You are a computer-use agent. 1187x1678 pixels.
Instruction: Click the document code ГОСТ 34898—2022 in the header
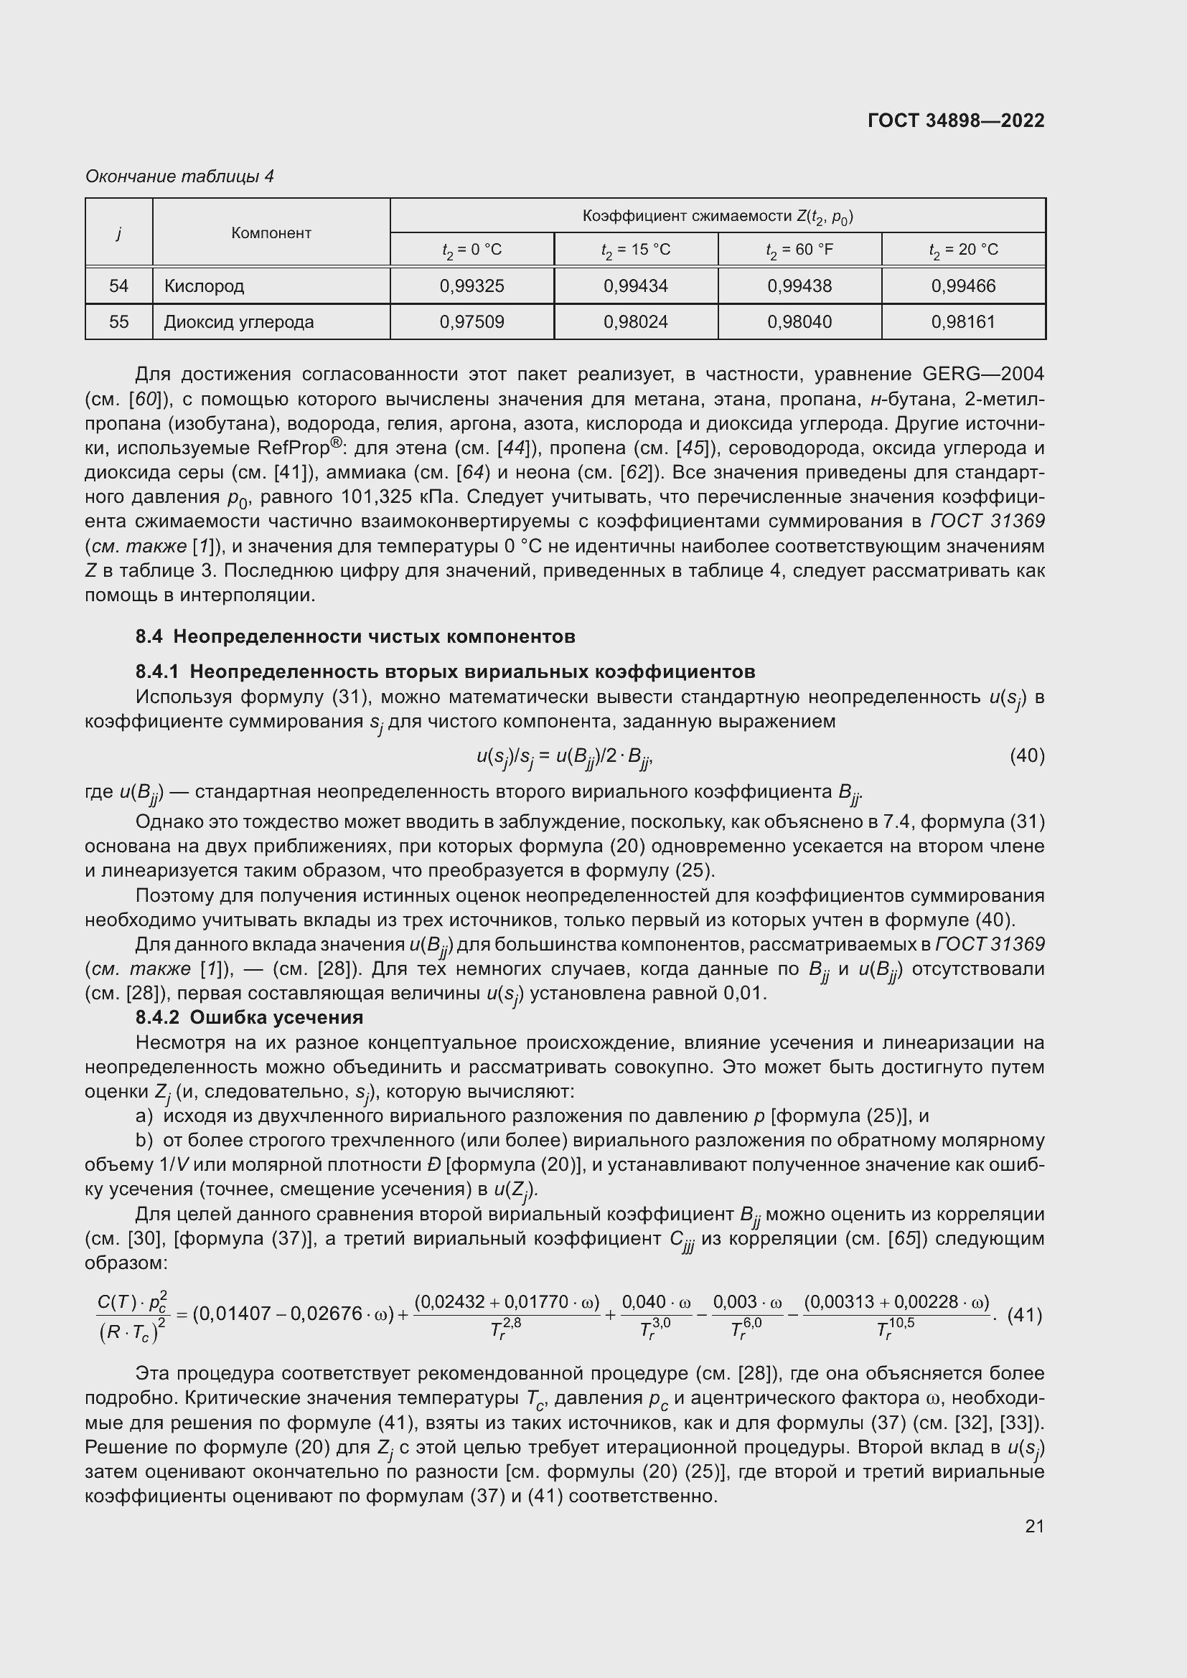pos(955,121)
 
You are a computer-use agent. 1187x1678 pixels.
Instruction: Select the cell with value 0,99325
pos(471,286)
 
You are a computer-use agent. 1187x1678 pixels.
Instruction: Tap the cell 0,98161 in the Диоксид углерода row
pos(962,321)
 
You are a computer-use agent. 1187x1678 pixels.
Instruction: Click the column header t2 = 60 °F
pos(799,250)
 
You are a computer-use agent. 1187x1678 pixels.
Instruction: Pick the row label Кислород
pos(204,286)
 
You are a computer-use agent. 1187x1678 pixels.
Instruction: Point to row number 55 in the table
pos(118,321)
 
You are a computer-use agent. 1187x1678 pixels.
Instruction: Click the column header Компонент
pos(271,233)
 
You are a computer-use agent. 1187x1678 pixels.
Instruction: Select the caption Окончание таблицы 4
pos(179,176)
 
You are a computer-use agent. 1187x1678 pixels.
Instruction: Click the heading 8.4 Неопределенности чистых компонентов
pos(355,636)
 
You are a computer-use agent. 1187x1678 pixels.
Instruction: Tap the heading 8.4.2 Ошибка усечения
pos(249,1017)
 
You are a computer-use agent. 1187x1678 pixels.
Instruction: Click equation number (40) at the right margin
pos(1027,755)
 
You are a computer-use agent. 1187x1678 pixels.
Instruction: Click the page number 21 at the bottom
pos(1034,1526)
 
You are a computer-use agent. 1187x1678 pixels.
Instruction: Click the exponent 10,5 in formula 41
pos(901,1323)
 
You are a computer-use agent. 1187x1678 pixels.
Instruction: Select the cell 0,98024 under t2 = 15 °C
pos(635,321)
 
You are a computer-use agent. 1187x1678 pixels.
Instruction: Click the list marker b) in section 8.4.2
pos(144,1141)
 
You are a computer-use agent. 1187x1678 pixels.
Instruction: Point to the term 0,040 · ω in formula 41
pos(656,1302)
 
